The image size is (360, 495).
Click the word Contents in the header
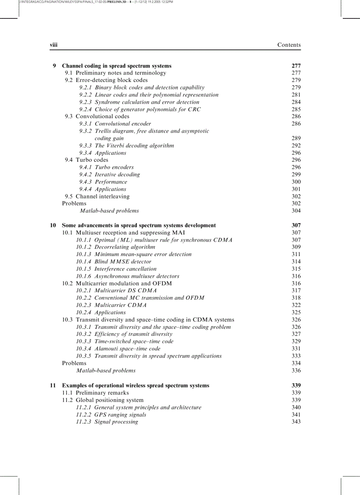click(289, 45)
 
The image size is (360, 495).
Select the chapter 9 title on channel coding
click(116, 66)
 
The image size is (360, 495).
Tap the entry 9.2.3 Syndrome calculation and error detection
click(139, 102)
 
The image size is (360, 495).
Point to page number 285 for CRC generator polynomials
click(296, 109)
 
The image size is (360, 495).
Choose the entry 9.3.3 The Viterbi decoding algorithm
click(127, 145)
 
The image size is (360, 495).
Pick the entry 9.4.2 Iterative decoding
click(109, 175)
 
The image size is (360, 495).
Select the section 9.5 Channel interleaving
click(97, 196)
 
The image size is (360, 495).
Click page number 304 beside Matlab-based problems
click(296, 211)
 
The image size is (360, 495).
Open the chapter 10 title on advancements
click(139, 225)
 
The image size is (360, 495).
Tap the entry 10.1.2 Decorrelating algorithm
click(116, 247)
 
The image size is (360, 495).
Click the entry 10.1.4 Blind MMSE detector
click(113, 262)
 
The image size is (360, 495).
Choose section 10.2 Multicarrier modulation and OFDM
click(117, 283)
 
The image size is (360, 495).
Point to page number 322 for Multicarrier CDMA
click(296, 305)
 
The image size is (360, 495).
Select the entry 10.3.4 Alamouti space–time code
click(118, 349)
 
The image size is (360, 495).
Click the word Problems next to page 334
click(74, 363)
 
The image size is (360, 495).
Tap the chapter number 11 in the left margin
click(52, 385)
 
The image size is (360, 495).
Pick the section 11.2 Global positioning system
click(102, 400)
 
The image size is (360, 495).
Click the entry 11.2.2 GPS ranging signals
click(111, 414)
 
